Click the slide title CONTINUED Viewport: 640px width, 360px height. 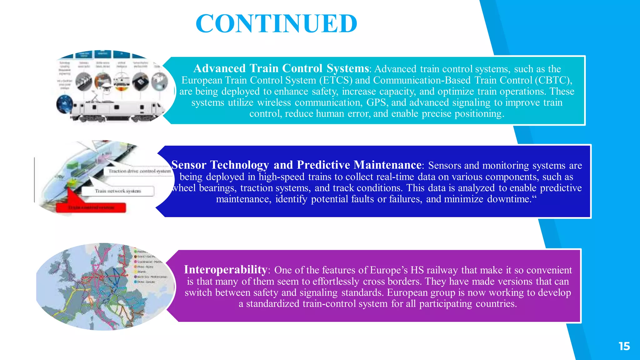point(276,24)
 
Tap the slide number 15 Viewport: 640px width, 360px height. point(624,346)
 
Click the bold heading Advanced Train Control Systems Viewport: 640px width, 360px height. point(281,68)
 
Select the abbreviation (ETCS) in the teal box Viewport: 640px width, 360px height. point(336,80)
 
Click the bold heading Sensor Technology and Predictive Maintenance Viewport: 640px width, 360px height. point(296,165)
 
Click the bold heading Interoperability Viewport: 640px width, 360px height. point(225,269)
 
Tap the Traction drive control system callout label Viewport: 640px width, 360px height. point(139,171)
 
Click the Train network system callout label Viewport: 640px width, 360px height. point(118,191)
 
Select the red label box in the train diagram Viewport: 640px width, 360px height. point(91,207)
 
